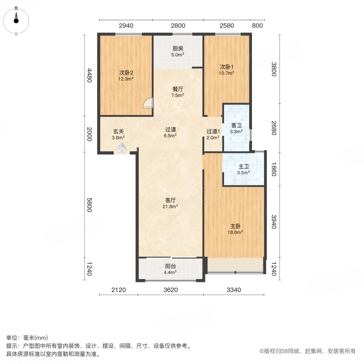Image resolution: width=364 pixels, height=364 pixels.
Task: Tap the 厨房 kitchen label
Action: coord(178,48)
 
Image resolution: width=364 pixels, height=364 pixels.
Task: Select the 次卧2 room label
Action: coord(126,73)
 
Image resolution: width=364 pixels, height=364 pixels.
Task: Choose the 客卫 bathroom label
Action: coord(237,125)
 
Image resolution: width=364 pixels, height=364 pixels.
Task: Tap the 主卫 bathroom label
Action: coord(243,166)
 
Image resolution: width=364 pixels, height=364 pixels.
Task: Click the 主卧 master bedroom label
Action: coord(236,226)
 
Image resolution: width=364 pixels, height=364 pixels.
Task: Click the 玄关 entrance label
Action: coord(118,131)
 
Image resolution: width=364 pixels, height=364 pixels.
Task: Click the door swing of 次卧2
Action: coord(148,104)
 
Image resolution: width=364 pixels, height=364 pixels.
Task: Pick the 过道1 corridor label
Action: coord(213,131)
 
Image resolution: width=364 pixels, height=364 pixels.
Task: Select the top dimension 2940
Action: coord(126,25)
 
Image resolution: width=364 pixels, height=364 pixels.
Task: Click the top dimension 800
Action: coord(257,25)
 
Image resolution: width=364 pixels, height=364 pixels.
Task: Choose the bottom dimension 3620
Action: coord(171,290)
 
